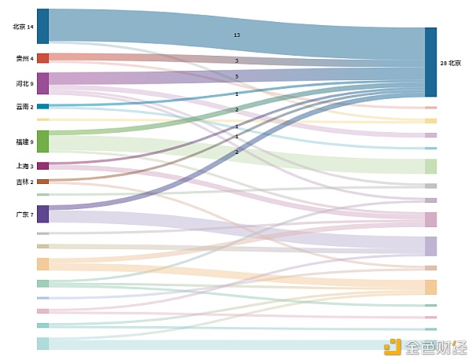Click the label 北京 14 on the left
(x=24, y=27)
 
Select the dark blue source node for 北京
(x=42, y=26)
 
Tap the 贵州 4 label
(x=24, y=58)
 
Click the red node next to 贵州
(x=42, y=58)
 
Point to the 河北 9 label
(x=24, y=83)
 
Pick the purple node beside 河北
(x=42, y=83)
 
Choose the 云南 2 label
(x=24, y=106)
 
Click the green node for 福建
(x=42, y=141)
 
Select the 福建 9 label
(x=24, y=141)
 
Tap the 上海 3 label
(x=24, y=166)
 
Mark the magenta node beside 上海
(x=42, y=166)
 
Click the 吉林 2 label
(x=24, y=182)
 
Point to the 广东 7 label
(x=24, y=214)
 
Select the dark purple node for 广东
(x=42, y=214)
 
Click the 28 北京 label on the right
(x=451, y=63)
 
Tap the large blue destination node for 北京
(x=430, y=62)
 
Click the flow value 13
(x=237, y=35)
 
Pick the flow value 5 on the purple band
(x=237, y=76)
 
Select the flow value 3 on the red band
(x=237, y=61)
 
